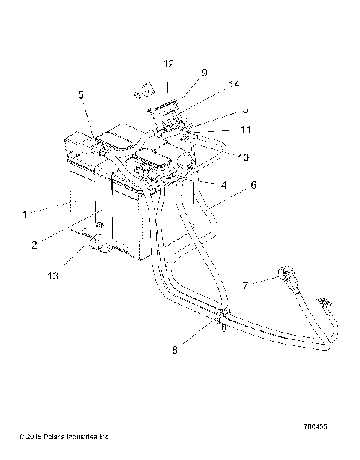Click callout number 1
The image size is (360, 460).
pos(24,214)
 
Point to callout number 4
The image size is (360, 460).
pos(223,185)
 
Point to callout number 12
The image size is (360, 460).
pos(167,63)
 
